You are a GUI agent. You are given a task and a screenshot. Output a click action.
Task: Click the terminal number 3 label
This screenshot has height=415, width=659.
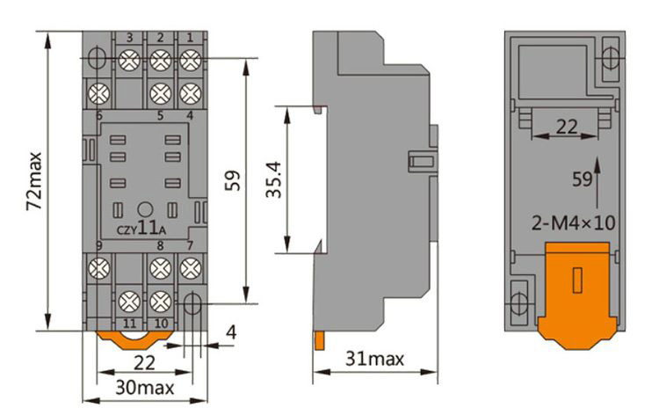pos(130,37)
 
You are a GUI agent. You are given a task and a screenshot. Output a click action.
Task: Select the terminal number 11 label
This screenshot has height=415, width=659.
pos(129,324)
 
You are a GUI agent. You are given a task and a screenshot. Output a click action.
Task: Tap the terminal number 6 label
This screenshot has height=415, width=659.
pos(99,115)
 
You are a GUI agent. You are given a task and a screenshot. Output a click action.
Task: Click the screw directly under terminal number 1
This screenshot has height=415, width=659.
pos(188,60)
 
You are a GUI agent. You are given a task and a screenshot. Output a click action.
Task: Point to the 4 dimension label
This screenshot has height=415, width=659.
pos(230,334)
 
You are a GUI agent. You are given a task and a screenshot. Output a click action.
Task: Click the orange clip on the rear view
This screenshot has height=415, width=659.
pos(576,290)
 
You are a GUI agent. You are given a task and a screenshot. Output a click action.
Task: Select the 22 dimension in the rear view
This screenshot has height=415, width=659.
pos(567,127)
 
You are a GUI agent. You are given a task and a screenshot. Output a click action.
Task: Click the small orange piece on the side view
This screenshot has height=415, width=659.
pos(321,339)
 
